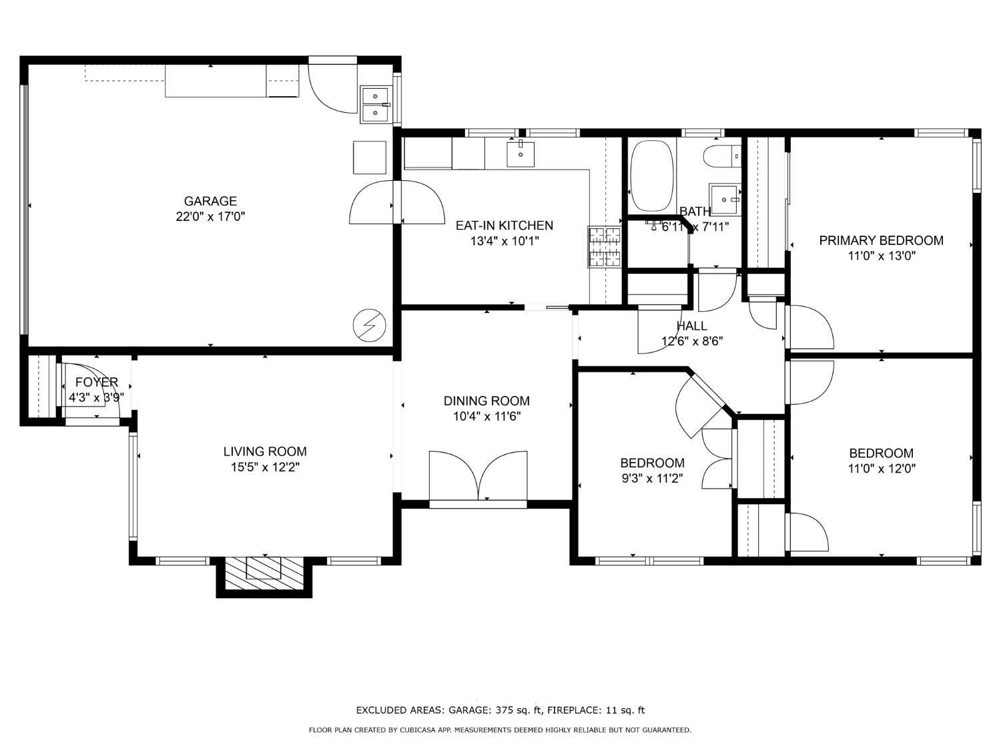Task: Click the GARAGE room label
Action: (x=210, y=201)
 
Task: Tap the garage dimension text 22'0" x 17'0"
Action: (x=210, y=216)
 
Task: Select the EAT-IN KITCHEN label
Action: (x=504, y=226)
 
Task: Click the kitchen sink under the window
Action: (x=521, y=154)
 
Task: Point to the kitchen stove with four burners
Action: (x=605, y=247)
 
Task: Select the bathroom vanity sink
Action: (x=725, y=198)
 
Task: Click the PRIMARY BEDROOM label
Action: (x=881, y=240)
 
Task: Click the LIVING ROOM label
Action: (x=265, y=452)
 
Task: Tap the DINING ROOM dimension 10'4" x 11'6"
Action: (x=486, y=417)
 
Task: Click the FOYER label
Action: (x=96, y=383)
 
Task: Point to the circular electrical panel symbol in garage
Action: (x=369, y=324)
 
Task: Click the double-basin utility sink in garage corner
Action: (x=376, y=104)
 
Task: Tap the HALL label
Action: (x=692, y=326)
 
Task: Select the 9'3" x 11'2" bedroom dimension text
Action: (x=652, y=478)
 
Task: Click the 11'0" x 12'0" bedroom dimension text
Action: (x=881, y=469)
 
